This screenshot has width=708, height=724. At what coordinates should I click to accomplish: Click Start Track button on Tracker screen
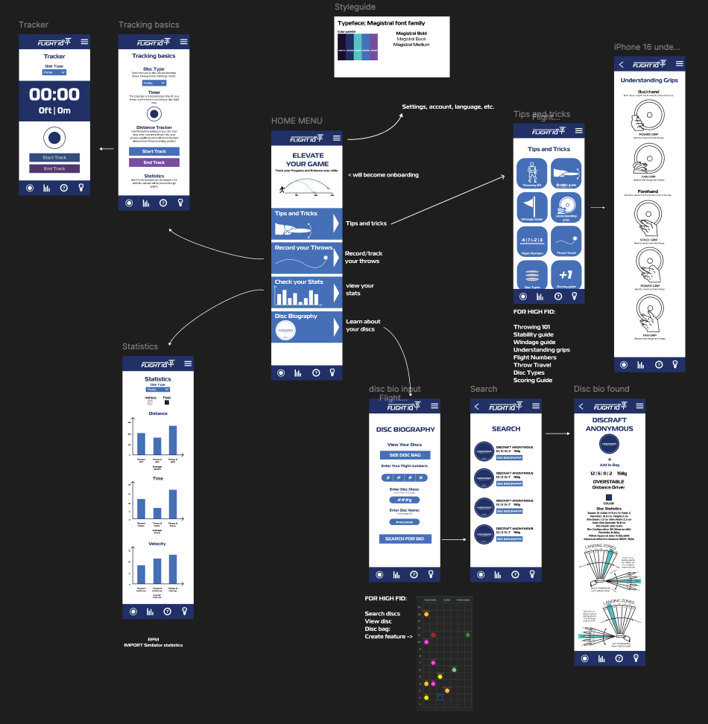[x=54, y=158]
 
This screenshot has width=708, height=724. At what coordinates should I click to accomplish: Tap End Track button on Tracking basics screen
[x=154, y=162]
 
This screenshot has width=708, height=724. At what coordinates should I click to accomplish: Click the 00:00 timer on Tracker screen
[x=54, y=95]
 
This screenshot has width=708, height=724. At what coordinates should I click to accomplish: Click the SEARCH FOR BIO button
[x=405, y=539]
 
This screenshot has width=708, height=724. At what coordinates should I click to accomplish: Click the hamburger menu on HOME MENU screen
[x=337, y=139]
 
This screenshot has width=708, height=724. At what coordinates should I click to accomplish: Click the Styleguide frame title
[x=355, y=7]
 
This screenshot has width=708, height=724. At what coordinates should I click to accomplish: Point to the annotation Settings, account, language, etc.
[x=448, y=107]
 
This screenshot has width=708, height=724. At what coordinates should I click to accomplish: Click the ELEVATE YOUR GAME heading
[x=307, y=159]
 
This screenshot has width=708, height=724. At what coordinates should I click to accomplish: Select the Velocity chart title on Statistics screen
[x=158, y=544]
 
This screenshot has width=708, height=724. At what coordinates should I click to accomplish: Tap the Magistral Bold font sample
[x=411, y=34]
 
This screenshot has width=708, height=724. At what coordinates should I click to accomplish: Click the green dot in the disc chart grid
[x=467, y=635]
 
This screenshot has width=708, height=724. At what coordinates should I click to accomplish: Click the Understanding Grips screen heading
[x=649, y=79]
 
